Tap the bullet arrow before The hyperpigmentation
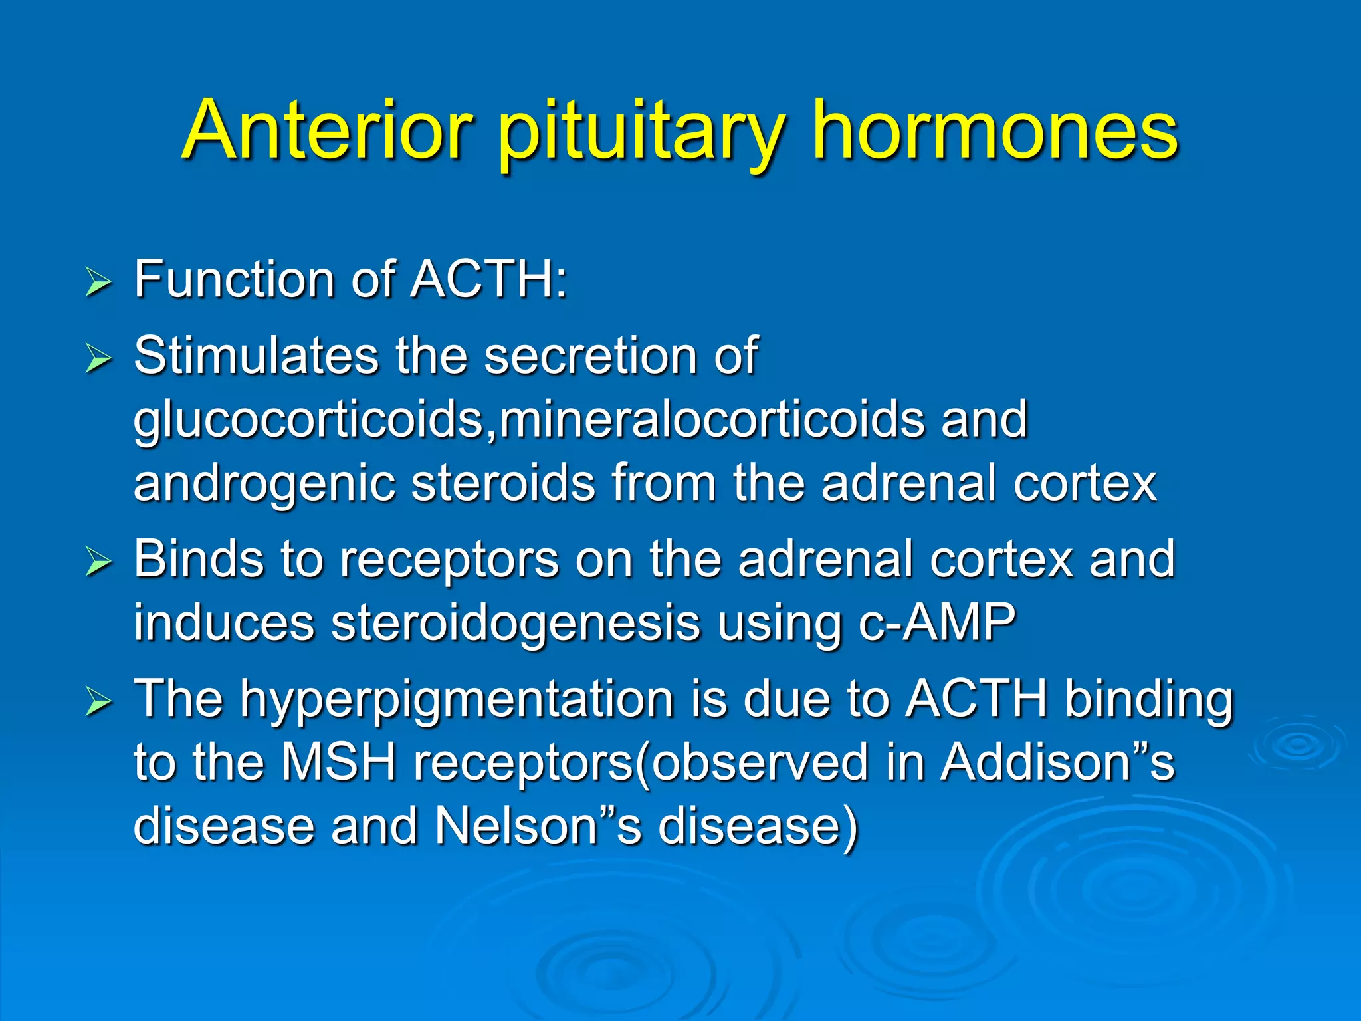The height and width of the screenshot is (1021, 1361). [x=98, y=702]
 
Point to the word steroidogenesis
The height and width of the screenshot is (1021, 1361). [x=516, y=623]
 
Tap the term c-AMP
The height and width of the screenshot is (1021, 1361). [x=936, y=623]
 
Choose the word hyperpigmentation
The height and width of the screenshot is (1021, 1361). [x=457, y=699]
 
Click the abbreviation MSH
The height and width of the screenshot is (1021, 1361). [x=338, y=762]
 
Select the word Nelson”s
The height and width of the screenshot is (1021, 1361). [x=538, y=826]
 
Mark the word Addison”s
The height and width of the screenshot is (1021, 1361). [x=1057, y=762]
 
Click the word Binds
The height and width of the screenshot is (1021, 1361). [x=198, y=559]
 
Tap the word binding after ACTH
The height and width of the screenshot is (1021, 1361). [x=1149, y=699]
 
